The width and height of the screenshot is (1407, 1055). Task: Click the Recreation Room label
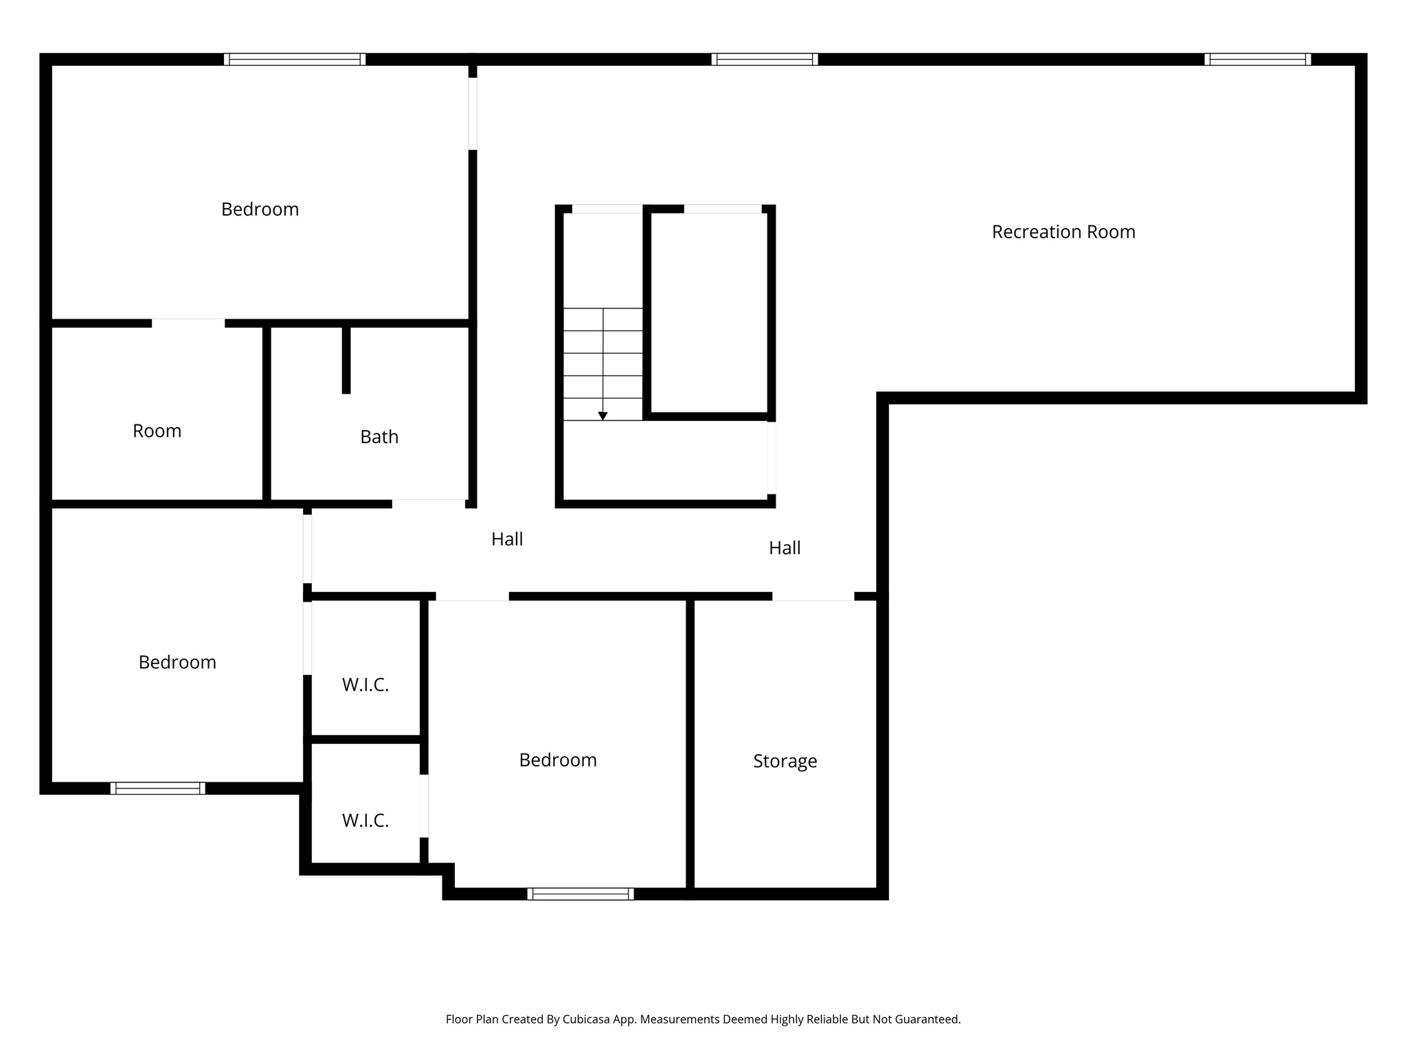pyautogui.click(x=1063, y=232)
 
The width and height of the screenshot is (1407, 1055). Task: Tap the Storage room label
pyautogui.click(x=785, y=761)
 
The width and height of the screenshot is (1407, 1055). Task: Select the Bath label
pyautogui.click(x=379, y=437)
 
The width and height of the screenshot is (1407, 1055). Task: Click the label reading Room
pyautogui.click(x=157, y=431)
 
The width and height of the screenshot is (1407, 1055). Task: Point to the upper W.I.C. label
pyautogui.click(x=365, y=685)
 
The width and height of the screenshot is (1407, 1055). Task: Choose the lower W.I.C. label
pyautogui.click(x=365, y=820)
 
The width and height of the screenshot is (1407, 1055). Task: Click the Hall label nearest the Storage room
pyautogui.click(x=785, y=548)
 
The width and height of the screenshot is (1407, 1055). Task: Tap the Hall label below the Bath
pyautogui.click(x=507, y=539)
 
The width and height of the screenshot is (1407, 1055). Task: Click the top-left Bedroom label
pyautogui.click(x=260, y=209)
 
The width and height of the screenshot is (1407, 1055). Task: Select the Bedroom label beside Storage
pyautogui.click(x=557, y=760)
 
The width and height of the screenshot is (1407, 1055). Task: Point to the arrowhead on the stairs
pyautogui.click(x=603, y=416)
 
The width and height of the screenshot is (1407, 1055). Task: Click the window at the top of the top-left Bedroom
pyautogui.click(x=294, y=59)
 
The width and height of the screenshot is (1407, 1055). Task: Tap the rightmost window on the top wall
pyautogui.click(x=1257, y=59)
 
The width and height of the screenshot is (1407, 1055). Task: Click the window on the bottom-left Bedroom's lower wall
pyautogui.click(x=157, y=789)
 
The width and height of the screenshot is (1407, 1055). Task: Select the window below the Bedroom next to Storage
pyautogui.click(x=580, y=894)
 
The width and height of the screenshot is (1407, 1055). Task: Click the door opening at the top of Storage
pyautogui.click(x=813, y=596)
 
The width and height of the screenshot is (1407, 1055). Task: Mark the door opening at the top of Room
pyautogui.click(x=188, y=323)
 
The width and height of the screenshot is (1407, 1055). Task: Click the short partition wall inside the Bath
pyautogui.click(x=346, y=360)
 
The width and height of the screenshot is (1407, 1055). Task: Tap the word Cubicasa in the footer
pyautogui.click(x=589, y=1019)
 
